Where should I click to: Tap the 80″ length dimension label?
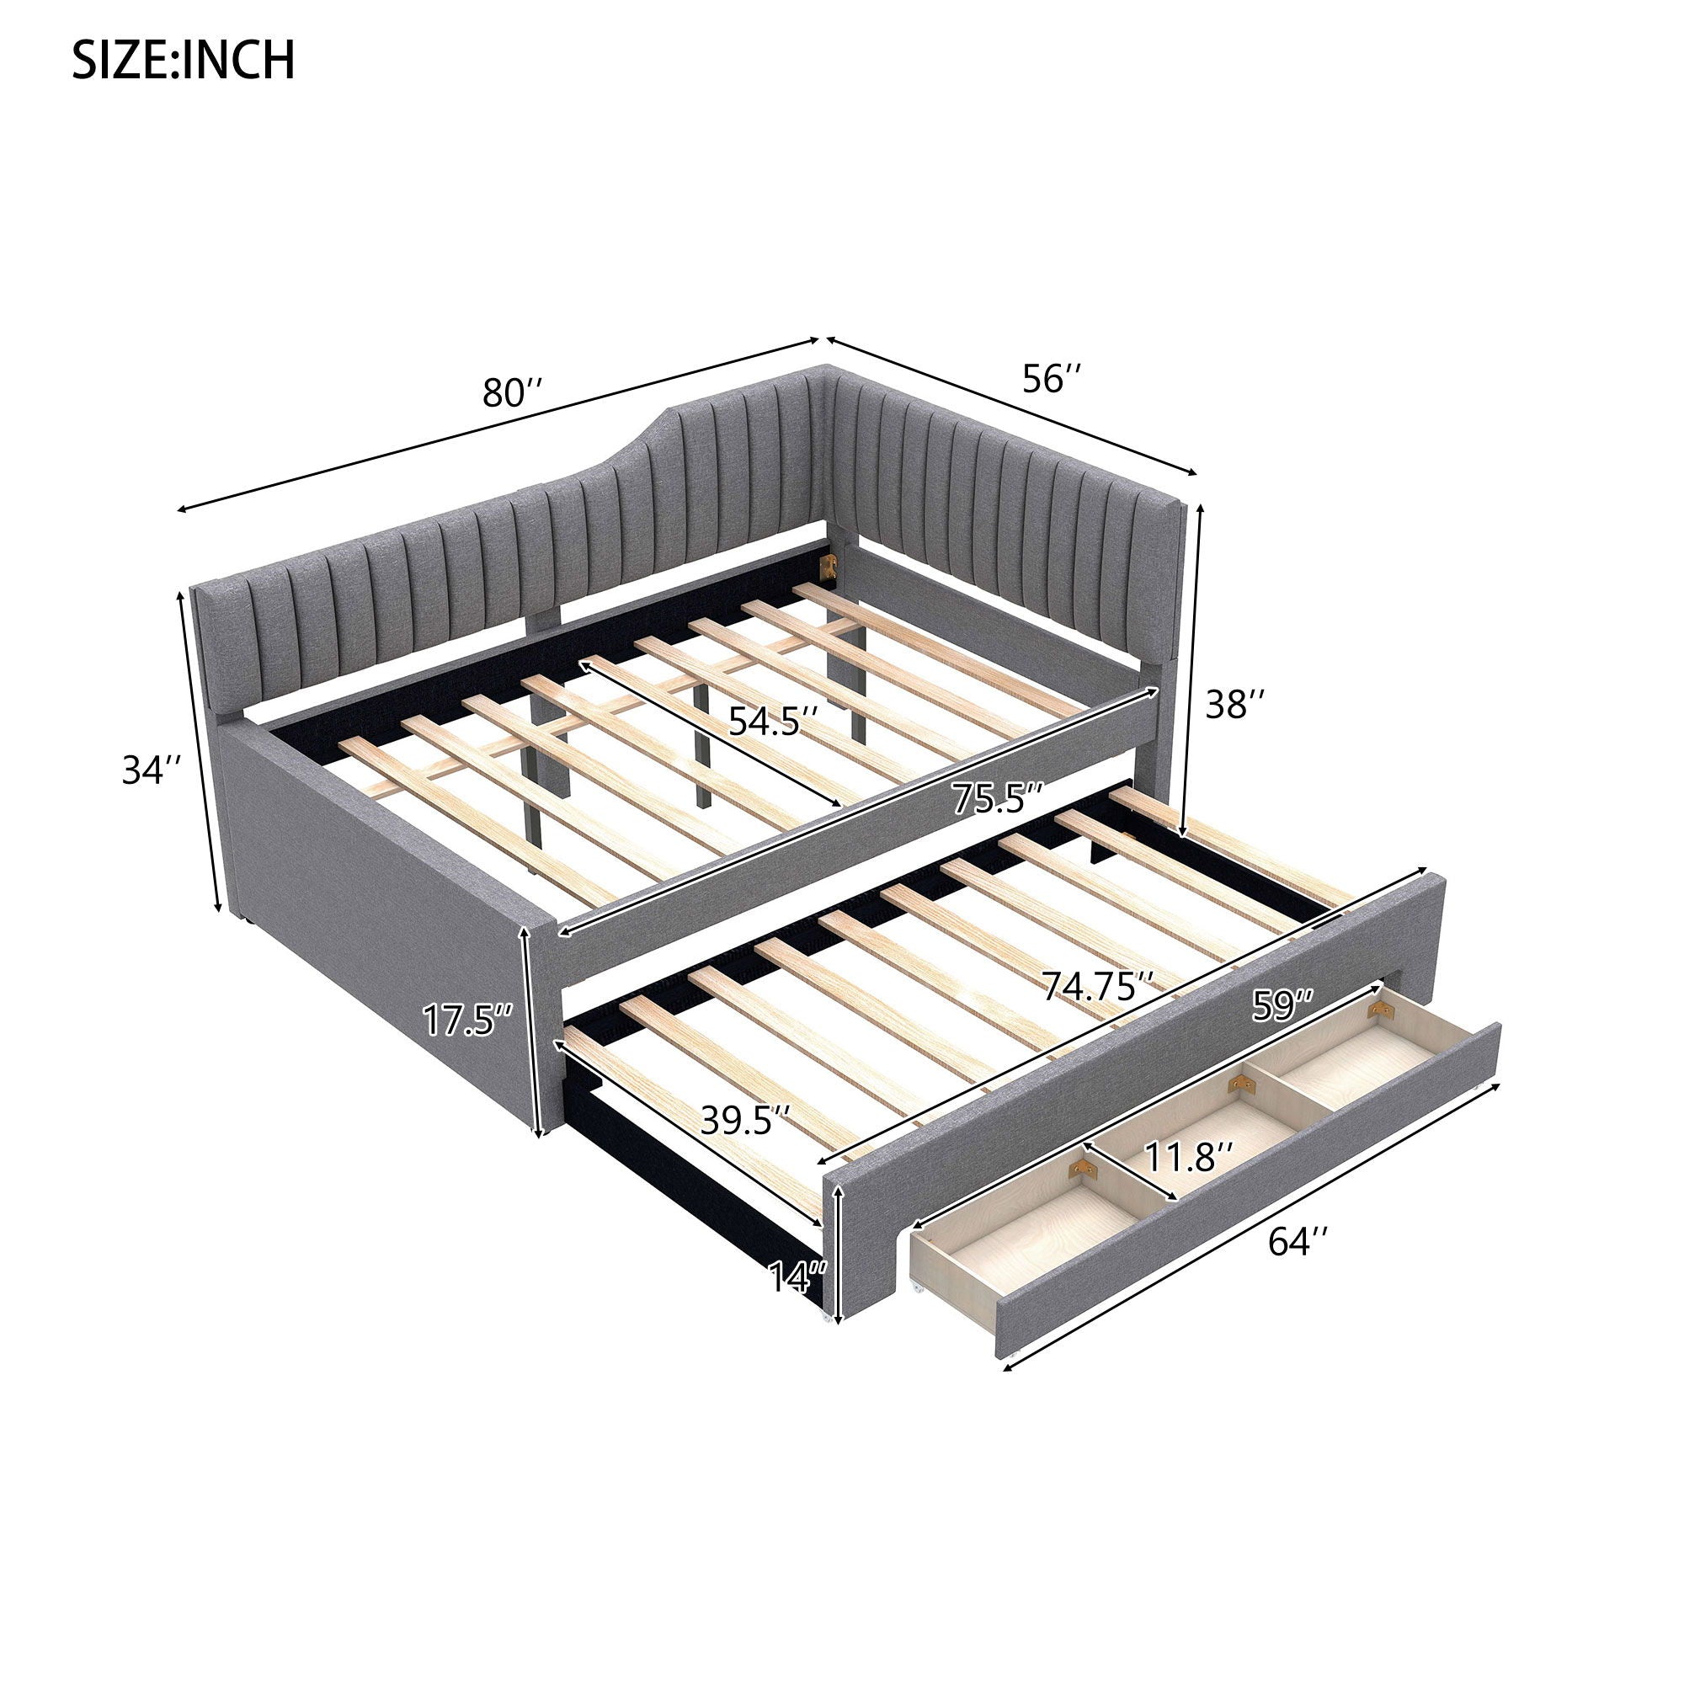(515, 392)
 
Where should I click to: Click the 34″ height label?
(153, 770)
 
